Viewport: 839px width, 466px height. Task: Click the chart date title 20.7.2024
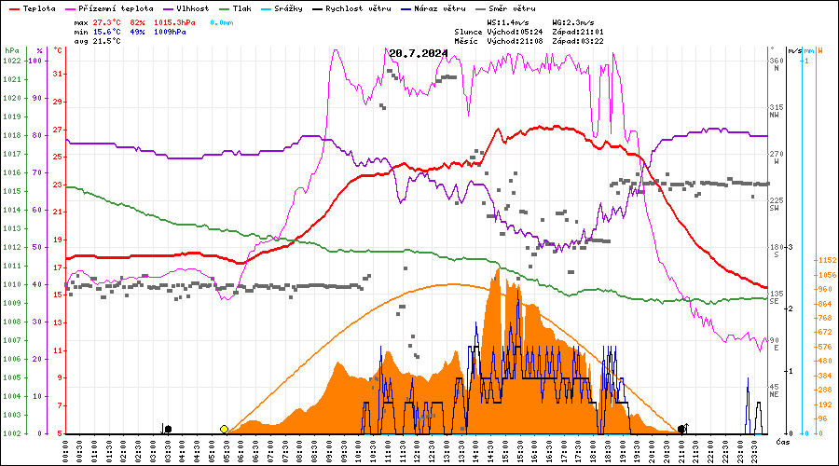click(x=419, y=53)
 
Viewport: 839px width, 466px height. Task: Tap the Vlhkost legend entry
click(x=192, y=8)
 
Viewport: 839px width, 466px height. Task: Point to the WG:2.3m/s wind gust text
click(x=574, y=21)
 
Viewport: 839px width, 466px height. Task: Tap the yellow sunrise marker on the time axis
click(x=225, y=429)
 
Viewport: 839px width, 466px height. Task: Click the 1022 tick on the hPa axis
click(x=11, y=61)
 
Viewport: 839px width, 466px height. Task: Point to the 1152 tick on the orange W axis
click(x=824, y=261)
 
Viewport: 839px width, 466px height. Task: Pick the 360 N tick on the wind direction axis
click(x=776, y=61)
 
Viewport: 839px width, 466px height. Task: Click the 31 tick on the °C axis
click(x=58, y=75)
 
